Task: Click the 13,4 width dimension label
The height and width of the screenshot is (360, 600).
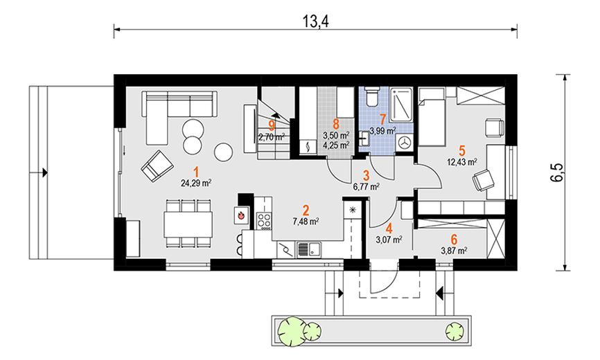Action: click(x=316, y=21)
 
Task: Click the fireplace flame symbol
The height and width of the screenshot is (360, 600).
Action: click(x=241, y=215)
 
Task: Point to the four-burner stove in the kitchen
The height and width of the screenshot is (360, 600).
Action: click(x=265, y=221)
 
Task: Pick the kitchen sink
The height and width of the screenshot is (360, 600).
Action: click(x=309, y=249)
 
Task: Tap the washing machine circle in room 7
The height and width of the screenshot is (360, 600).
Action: click(x=404, y=143)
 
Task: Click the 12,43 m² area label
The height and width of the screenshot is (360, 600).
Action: click(x=462, y=162)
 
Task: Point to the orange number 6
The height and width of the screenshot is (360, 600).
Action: click(x=454, y=240)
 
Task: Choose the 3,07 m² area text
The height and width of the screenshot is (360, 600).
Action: click(x=389, y=240)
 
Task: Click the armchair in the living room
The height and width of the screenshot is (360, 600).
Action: click(x=157, y=165)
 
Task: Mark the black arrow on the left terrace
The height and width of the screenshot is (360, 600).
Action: click(x=45, y=173)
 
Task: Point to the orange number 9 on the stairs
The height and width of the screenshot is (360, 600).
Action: click(x=272, y=125)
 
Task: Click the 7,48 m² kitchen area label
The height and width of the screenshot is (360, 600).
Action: click(x=306, y=221)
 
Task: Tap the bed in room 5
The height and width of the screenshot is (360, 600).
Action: click(x=432, y=116)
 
